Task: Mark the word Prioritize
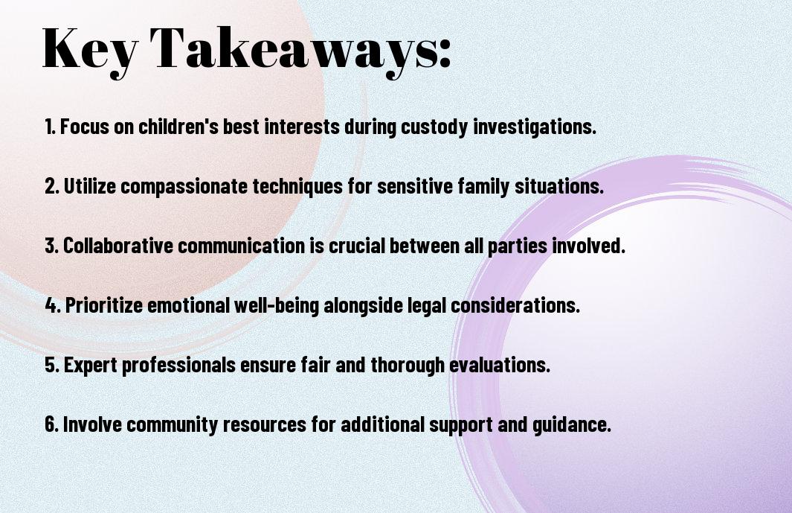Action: [x=104, y=305]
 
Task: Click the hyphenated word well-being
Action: [x=277, y=305]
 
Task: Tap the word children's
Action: [x=178, y=127]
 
